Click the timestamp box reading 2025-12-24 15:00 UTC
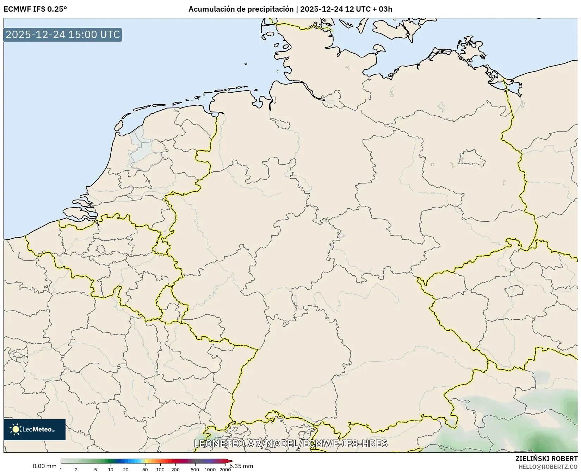(63, 35)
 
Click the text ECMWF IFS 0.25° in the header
(35, 9)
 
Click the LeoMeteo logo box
(35, 429)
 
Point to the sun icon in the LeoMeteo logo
(16, 429)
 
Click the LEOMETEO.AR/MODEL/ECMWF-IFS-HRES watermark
(291, 443)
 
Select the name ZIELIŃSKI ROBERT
(546, 459)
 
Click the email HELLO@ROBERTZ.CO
(548, 466)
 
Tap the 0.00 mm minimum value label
(44, 466)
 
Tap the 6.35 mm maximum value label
(241, 466)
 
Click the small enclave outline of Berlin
(472, 158)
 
